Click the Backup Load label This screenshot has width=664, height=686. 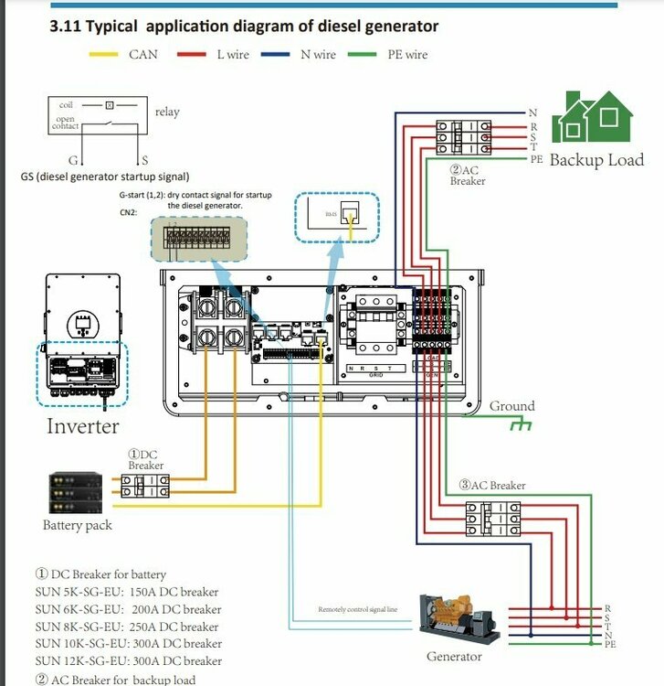[x=596, y=160]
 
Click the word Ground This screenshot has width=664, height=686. [x=511, y=406]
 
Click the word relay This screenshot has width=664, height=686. [x=167, y=112]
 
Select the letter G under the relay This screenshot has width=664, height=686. [x=73, y=160]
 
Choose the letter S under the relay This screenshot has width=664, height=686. [x=143, y=160]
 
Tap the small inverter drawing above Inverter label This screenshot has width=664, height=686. [x=82, y=342]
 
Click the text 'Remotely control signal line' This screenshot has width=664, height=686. [x=357, y=609]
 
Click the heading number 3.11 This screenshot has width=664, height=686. [x=65, y=26]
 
